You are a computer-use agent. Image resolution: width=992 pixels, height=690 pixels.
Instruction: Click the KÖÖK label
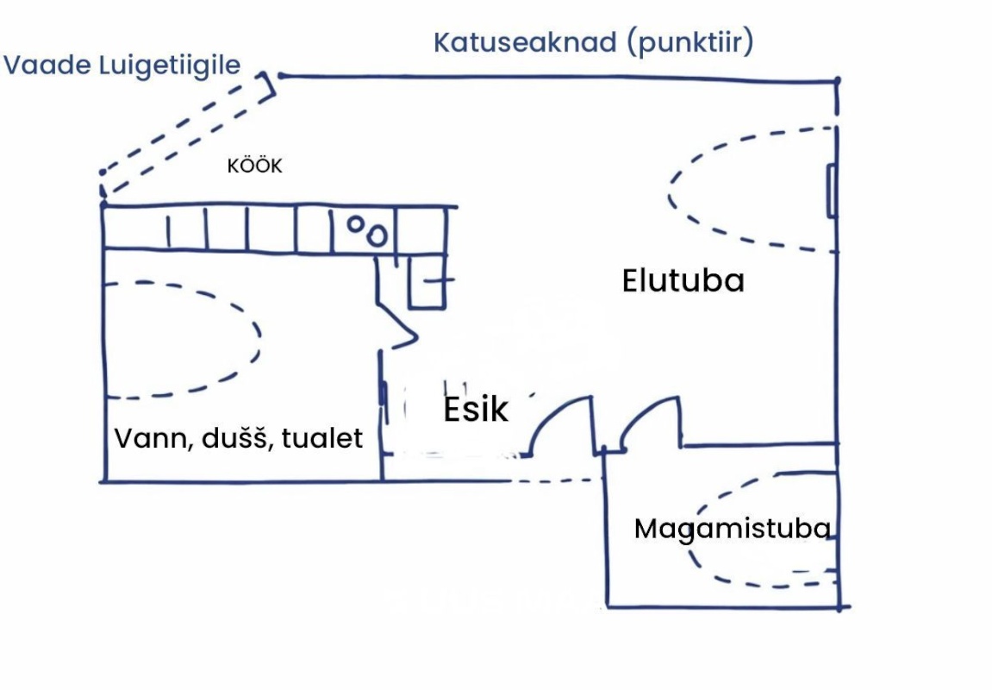tap(254, 166)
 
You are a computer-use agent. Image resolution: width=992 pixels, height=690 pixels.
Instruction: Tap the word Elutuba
tap(683, 281)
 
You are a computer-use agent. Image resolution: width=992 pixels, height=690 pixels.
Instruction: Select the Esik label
tap(476, 410)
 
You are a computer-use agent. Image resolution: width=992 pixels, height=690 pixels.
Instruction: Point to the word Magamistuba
tap(733, 529)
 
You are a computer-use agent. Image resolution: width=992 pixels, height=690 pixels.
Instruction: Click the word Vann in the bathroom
tap(146, 438)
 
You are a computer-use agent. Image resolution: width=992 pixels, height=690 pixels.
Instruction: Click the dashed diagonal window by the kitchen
tap(186, 134)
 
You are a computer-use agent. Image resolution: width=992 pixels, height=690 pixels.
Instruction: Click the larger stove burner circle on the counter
tap(377, 235)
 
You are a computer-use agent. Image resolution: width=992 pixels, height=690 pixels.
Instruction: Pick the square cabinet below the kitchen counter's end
tap(427, 281)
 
